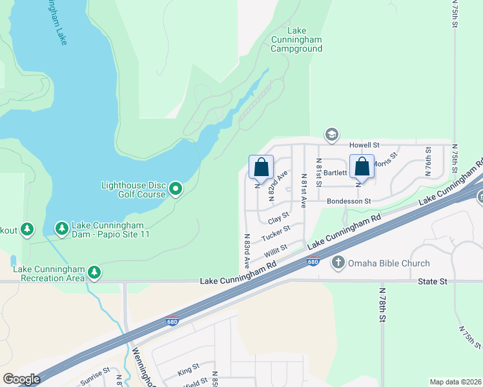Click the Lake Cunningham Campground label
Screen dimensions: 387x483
[x=296, y=39]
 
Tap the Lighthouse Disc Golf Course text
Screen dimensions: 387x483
[x=133, y=190]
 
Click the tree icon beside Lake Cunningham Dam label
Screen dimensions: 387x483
[x=61, y=229]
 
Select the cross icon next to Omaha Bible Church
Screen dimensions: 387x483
[x=338, y=263]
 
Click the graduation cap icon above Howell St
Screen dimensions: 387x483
[x=332, y=134]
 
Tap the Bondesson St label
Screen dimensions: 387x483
[x=349, y=201]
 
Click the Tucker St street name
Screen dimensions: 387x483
[x=276, y=233]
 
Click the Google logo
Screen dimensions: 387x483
[x=21, y=379]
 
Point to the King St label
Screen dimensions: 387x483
[x=188, y=372]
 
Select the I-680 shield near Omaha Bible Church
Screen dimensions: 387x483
[x=313, y=261]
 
